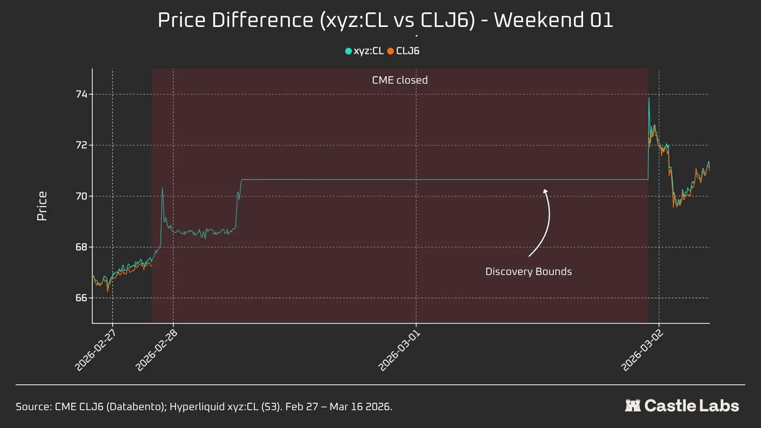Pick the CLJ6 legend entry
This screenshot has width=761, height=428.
pyautogui.click(x=403, y=51)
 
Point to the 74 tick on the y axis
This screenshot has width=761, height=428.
pyautogui.click(x=81, y=94)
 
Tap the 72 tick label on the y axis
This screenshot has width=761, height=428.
pyautogui.click(x=81, y=145)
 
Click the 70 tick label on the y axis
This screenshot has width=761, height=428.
pyautogui.click(x=81, y=196)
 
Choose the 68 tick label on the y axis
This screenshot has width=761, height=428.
pyautogui.click(x=81, y=247)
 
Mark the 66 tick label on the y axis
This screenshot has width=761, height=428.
pyautogui.click(x=81, y=298)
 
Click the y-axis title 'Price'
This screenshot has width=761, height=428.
pyautogui.click(x=42, y=206)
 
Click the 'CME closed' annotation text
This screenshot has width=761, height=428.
pyautogui.click(x=400, y=80)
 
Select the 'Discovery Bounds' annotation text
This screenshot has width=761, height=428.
pyautogui.click(x=528, y=271)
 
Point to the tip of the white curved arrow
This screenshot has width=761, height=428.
pyautogui.click(x=545, y=190)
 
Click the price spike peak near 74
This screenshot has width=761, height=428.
pyautogui.click(x=649, y=97)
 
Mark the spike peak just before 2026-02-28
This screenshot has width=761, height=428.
pyautogui.click(x=162, y=188)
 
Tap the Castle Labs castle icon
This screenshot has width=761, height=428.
pyautogui.click(x=633, y=405)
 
